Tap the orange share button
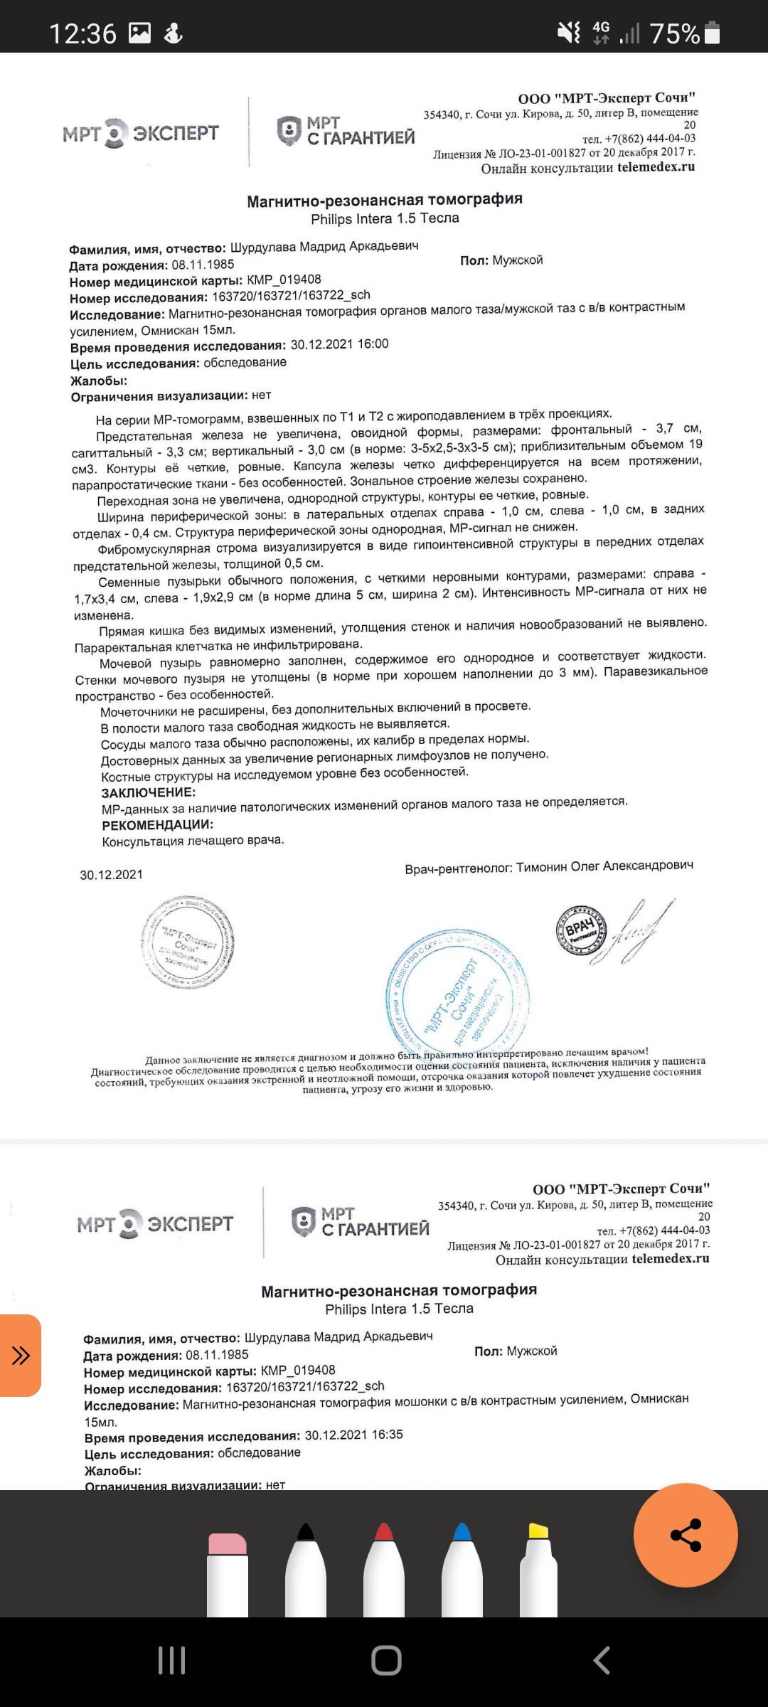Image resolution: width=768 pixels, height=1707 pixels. click(686, 1534)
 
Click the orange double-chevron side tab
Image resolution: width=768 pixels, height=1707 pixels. click(20, 1355)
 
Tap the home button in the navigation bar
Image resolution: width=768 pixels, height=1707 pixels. click(386, 1661)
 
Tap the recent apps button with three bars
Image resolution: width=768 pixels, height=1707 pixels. click(171, 1661)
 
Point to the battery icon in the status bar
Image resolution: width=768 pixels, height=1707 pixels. click(712, 33)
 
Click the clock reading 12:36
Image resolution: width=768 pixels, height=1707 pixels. click(82, 33)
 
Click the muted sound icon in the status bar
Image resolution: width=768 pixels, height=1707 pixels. click(569, 33)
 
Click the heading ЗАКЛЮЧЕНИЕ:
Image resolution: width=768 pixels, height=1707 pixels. click(149, 792)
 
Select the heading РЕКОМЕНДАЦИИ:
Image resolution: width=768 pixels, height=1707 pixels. click(157, 825)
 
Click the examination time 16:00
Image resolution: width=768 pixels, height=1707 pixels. click(373, 344)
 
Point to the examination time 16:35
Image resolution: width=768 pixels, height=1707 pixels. click(387, 1435)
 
